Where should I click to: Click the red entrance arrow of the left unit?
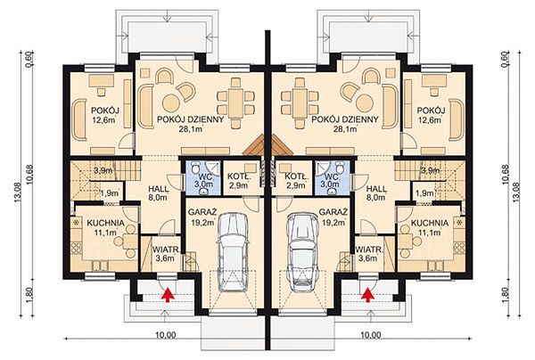pyautogui.click(x=168, y=295)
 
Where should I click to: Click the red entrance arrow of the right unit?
pyautogui.click(x=367, y=295)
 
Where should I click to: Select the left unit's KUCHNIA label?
pyautogui.click(x=105, y=223)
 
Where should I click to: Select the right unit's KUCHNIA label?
pyautogui.click(x=430, y=223)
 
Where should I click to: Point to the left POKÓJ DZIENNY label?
pyautogui.click(x=191, y=119)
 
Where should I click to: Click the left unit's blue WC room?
pyautogui.click(x=202, y=178)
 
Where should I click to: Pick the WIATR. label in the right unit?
pyautogui.click(x=369, y=250)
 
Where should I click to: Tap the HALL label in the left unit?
pyautogui.click(x=159, y=189)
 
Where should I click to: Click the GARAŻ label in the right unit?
pyautogui.click(x=333, y=212)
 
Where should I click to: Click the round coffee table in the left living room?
pyautogui.click(x=171, y=102)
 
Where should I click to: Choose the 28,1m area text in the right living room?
pyautogui.click(x=345, y=129)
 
